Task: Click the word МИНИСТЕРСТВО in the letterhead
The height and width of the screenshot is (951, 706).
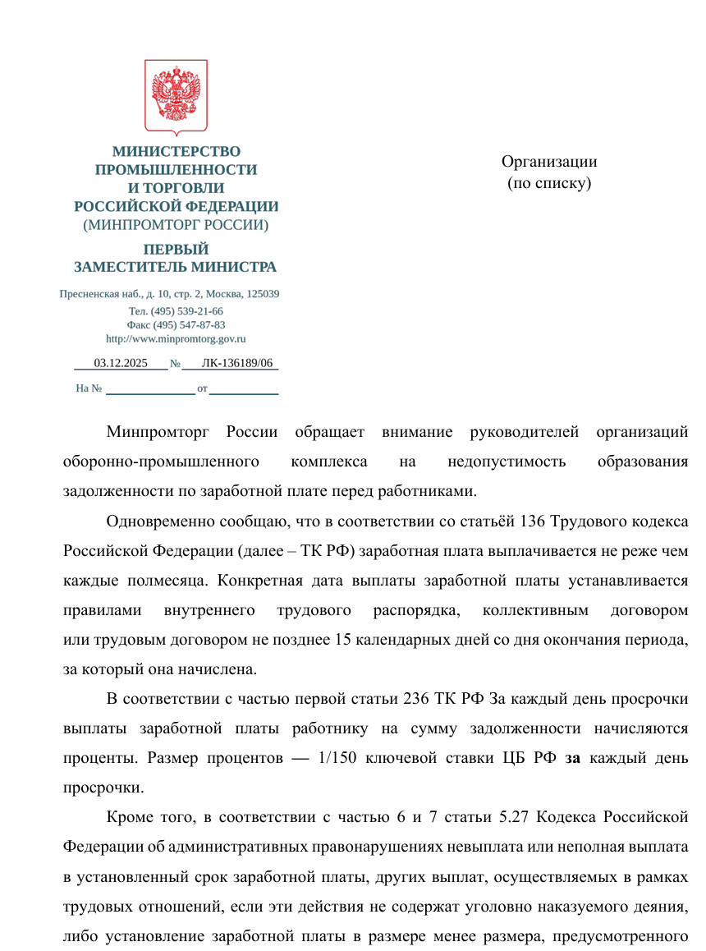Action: click(x=176, y=152)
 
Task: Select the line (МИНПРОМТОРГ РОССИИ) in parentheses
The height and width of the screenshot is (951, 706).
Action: click(x=176, y=224)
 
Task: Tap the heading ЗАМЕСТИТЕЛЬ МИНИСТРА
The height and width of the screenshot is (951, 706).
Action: click(x=176, y=267)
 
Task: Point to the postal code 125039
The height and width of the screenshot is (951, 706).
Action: click(x=262, y=294)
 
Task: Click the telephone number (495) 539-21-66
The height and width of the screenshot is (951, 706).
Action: click(x=187, y=311)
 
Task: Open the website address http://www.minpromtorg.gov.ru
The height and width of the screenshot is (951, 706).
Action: click(x=176, y=338)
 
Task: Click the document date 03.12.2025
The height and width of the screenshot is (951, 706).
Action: click(x=120, y=362)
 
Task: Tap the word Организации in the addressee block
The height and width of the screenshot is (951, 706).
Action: click(x=549, y=162)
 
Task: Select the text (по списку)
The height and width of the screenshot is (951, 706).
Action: click(x=549, y=183)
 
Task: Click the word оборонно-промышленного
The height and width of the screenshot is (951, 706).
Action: click(x=162, y=462)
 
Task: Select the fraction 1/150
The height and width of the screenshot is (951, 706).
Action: click(x=331, y=757)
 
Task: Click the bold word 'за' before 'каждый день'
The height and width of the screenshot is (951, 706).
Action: click(x=573, y=757)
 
